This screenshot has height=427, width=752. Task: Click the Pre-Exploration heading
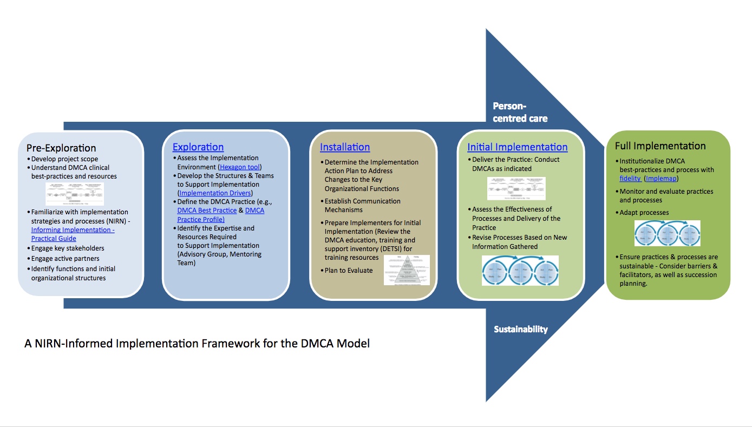pyautogui.click(x=61, y=148)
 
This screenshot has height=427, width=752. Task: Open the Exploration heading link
pyautogui.click(x=198, y=147)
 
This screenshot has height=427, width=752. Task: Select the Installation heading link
pyautogui.click(x=345, y=147)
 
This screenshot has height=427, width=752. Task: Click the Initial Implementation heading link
pyautogui.click(x=517, y=147)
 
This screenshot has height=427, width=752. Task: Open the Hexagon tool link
pyautogui.click(x=240, y=167)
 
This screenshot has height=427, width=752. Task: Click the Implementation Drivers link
pyautogui.click(x=215, y=193)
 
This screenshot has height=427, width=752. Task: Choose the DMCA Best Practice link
pyautogui.click(x=207, y=210)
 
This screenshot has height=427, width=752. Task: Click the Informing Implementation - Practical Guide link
pyautogui.click(x=73, y=234)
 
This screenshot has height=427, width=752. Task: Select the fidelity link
pyautogui.click(x=630, y=178)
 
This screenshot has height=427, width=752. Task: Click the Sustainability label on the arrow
pyautogui.click(x=520, y=329)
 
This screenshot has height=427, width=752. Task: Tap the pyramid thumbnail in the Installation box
pyautogui.click(x=406, y=270)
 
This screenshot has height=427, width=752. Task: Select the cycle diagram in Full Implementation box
pyautogui.click(x=667, y=233)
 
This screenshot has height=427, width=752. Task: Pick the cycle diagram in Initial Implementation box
pyautogui.click(x=520, y=270)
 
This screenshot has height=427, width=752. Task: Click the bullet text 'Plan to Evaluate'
pyautogui.click(x=349, y=270)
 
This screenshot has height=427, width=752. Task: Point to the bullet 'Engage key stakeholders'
pyautogui.click(x=68, y=248)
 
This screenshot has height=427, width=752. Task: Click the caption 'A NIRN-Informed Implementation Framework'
pyautogui.click(x=197, y=343)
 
